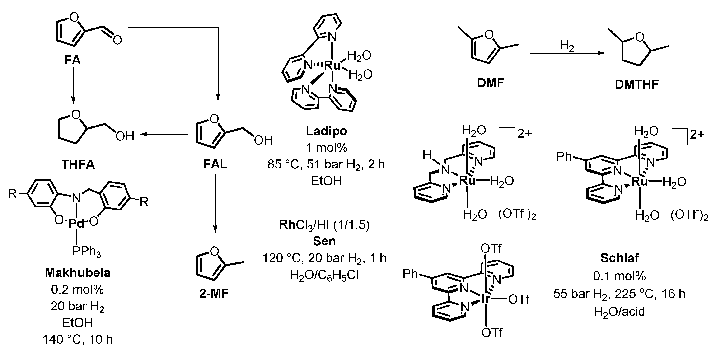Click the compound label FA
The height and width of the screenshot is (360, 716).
point(72,60)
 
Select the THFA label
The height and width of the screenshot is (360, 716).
point(78,164)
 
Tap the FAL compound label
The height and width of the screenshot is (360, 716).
point(215,164)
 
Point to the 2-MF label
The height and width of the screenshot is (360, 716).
point(214,294)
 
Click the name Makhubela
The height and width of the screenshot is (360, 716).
point(78,273)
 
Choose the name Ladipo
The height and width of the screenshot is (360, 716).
point(327,131)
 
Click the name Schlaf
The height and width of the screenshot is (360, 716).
point(620,258)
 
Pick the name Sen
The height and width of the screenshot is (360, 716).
point(324,241)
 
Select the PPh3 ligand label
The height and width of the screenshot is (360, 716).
point(86,252)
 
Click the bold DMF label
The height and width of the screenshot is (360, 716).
point(491,83)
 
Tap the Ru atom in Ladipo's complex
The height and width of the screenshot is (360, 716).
point(332,65)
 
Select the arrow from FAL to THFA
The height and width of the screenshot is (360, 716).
point(164,135)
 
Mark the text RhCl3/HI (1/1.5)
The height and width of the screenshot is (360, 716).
point(324,225)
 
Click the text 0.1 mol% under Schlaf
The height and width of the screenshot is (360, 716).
point(620,276)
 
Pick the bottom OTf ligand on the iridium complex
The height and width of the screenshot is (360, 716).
point(492,332)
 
